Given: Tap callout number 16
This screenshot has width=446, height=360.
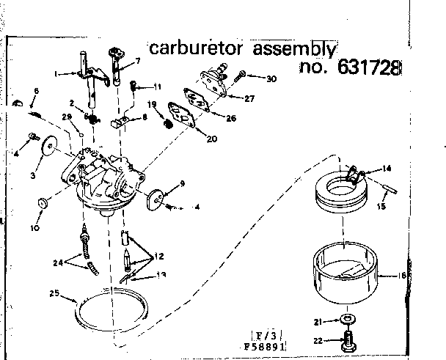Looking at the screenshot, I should tap(402, 276).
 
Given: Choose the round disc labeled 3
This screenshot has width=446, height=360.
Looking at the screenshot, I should tap(50, 146).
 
